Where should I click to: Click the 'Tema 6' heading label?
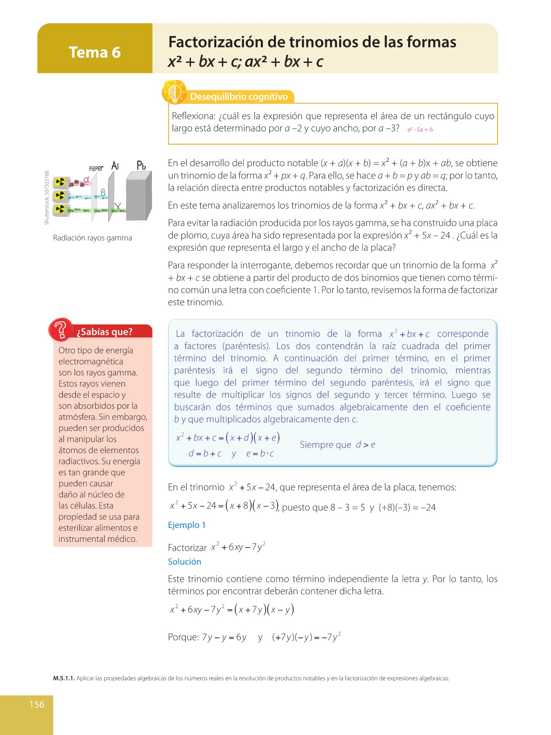[95, 52]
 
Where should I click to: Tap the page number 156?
[37, 704]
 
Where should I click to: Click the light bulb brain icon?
[174, 92]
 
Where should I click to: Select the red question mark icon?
[60, 329]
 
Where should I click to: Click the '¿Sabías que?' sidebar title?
[104, 332]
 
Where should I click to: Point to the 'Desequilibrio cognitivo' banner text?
[239, 97]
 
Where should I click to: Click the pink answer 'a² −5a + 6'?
[420, 129]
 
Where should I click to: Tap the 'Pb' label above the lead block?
[141, 165]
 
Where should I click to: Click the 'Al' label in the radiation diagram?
[115, 166]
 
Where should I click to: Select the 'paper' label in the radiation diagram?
[96, 168]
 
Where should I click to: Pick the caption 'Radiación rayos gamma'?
[92, 238]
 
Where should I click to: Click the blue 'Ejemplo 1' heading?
[187, 525]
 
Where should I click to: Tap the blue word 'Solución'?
[184, 562]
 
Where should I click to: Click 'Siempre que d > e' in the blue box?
[337, 445]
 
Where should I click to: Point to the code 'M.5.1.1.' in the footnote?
[64, 679]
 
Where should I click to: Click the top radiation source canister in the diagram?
[61, 182]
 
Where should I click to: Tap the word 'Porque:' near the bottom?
[183, 637]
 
